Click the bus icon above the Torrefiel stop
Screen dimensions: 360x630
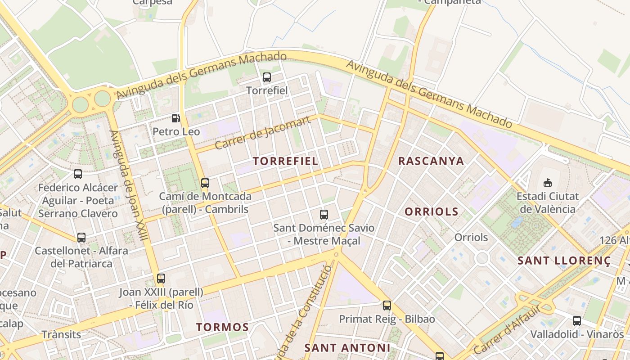pyautogui.click(x=267, y=77)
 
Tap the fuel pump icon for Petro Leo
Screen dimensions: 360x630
pyautogui.click(x=176, y=118)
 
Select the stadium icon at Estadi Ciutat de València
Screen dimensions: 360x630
pyautogui.click(x=548, y=183)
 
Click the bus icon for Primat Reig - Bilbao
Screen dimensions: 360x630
pyautogui.click(x=387, y=306)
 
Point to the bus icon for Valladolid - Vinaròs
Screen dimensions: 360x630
pyautogui.click(x=577, y=321)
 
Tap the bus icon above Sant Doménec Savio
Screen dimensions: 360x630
pyautogui.click(x=324, y=215)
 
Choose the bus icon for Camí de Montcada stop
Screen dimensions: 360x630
pyautogui.click(x=205, y=183)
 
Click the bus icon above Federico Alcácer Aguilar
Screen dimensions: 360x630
pyautogui.click(x=78, y=174)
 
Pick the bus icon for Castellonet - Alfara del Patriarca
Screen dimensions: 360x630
pyautogui.click(x=81, y=238)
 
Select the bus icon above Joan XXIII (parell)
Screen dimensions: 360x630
pyautogui.click(x=161, y=279)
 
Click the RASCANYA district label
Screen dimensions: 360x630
pyautogui.click(x=431, y=161)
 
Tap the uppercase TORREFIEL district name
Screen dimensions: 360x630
pyautogui.click(x=285, y=161)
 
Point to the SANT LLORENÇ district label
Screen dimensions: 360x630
pyautogui.click(x=564, y=261)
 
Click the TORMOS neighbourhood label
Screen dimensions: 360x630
pyautogui.click(x=222, y=327)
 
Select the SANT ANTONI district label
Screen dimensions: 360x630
pyautogui.click(x=347, y=348)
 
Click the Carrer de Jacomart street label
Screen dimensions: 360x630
pyautogui.click(x=263, y=133)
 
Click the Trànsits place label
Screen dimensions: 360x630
pyautogui.click(x=61, y=334)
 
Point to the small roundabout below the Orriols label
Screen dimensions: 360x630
pyautogui.click(x=482, y=258)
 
